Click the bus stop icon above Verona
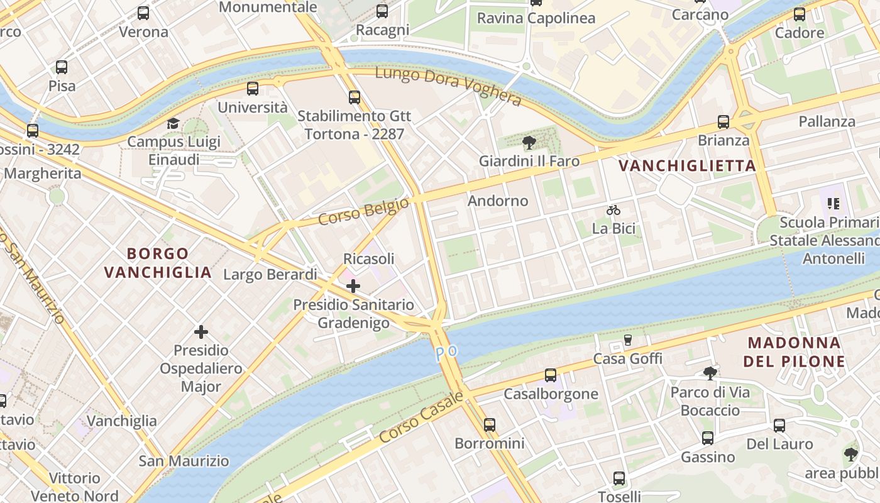tap(143, 13)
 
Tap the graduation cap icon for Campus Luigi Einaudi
tap(173, 123)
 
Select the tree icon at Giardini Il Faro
tap(529, 143)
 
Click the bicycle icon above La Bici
tap(613, 210)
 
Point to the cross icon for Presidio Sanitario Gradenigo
tap(353, 286)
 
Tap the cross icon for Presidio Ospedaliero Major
tap(201, 331)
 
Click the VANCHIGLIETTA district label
tap(687, 166)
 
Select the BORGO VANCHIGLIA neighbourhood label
tap(158, 263)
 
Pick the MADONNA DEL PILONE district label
tap(794, 352)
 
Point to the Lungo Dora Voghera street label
tap(448, 86)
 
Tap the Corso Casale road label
tap(421, 417)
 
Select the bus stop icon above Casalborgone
tap(551, 375)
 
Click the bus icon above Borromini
tap(490, 425)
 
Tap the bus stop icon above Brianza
tap(723, 122)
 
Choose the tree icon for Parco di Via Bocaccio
tap(710, 373)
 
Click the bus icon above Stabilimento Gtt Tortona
tap(355, 97)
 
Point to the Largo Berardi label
tap(270, 275)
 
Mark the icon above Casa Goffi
tap(627, 340)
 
